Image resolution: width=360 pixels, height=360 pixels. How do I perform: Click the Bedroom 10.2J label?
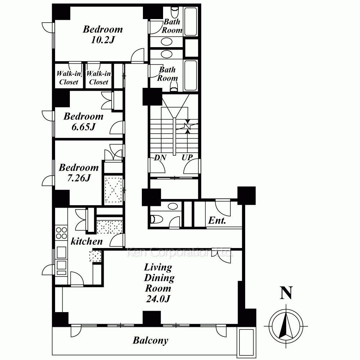click(x=103, y=35)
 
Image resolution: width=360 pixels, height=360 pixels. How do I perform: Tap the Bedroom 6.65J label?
click(x=84, y=121)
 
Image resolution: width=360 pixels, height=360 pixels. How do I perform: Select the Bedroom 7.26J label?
click(x=79, y=172)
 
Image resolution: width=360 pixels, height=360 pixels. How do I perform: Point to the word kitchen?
click(x=86, y=241)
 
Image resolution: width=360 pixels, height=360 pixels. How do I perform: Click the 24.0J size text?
click(x=158, y=299)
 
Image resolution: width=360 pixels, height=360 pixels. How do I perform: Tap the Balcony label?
click(x=150, y=340)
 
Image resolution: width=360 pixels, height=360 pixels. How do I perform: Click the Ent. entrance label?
click(x=217, y=220)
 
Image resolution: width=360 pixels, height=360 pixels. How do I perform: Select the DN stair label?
click(x=160, y=158)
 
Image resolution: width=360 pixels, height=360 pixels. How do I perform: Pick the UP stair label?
click(x=187, y=158)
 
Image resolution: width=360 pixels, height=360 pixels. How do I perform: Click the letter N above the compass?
click(x=286, y=293)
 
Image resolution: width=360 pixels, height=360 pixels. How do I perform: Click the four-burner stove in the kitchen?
click(x=61, y=233)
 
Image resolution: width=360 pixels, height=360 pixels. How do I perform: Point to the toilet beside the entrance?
click(x=156, y=219)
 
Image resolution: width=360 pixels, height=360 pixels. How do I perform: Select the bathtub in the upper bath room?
click(x=190, y=22)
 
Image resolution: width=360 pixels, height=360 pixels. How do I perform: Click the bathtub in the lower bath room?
click(x=190, y=75)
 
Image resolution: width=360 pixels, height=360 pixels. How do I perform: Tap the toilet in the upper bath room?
click(x=175, y=12)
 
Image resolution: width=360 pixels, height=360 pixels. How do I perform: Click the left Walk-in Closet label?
click(x=69, y=78)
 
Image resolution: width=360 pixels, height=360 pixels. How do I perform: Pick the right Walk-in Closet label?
click(x=99, y=78)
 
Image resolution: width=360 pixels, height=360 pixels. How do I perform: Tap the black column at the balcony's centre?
click(x=152, y=318)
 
